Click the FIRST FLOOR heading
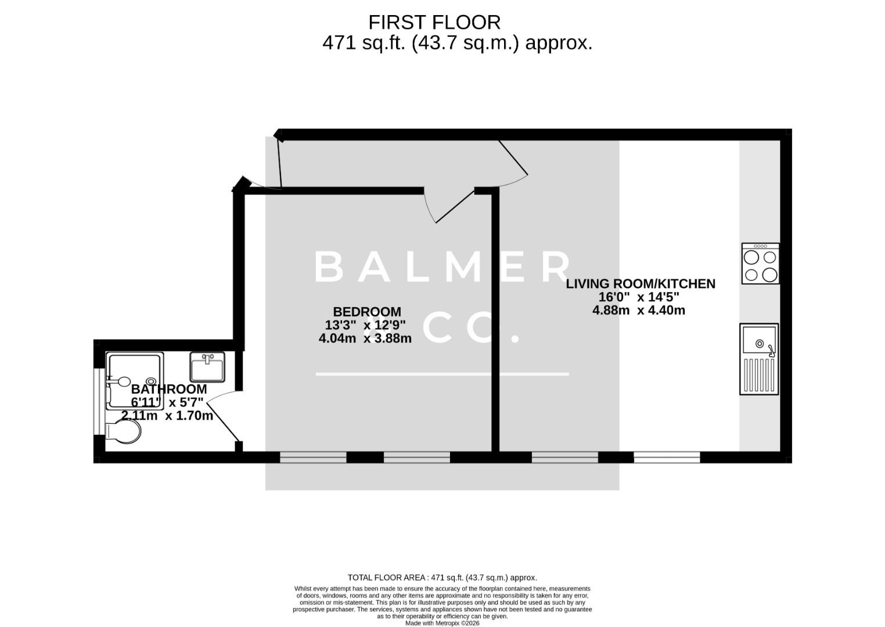tap(434, 22)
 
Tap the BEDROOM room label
tap(366, 312)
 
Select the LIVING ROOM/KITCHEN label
tap(641, 284)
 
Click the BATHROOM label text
tap(169, 389)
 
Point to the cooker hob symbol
tap(760, 264)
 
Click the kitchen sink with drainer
tap(758, 359)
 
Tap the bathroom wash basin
tap(207, 367)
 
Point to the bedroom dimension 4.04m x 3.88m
tap(365, 338)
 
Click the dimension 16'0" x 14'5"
tap(639, 297)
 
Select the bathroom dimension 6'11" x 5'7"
tap(167, 402)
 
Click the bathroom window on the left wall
tap(99, 401)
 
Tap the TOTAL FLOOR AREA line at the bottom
tap(442, 578)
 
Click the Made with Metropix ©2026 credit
tap(442, 623)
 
